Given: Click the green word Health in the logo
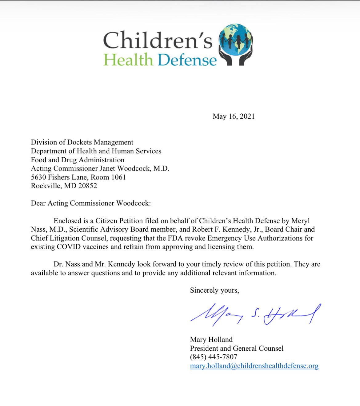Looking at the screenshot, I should click(128, 60).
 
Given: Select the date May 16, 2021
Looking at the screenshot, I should click(234, 116).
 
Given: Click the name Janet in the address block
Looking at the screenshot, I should click(107, 168).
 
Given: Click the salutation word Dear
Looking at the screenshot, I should click(38, 203).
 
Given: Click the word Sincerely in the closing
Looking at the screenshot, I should click(204, 290).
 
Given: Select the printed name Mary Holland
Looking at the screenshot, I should click(211, 340).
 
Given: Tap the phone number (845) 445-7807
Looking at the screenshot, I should click(214, 357).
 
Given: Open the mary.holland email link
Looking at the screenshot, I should click(254, 366).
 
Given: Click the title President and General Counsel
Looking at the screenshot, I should click(237, 348).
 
